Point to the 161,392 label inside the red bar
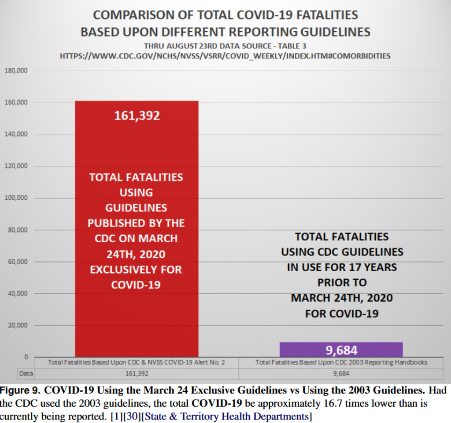(137, 116)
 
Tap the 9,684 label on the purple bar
(341, 350)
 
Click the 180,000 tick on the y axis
(16, 70)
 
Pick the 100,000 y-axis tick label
(16, 198)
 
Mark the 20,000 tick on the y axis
(18, 325)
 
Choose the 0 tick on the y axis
(26, 357)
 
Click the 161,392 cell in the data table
(137, 374)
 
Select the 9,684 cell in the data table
(341, 374)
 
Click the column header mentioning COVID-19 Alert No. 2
(137, 363)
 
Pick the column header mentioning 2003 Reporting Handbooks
(341, 363)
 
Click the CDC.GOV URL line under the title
(225, 56)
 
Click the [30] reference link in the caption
(132, 416)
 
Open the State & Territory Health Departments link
(226, 416)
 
